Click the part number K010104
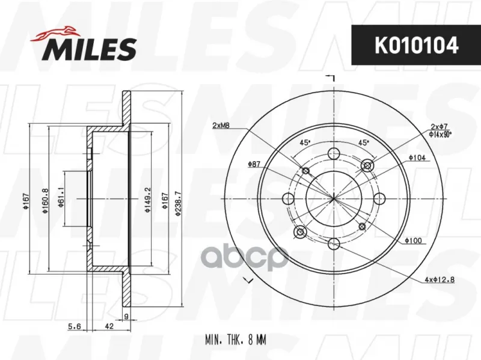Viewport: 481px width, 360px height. coord(416,46)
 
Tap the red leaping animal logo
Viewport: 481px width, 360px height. coord(54,34)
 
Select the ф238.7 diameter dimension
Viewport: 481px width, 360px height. coord(179,203)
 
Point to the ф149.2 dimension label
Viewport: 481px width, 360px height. coord(148,200)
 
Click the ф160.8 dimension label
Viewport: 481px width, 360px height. coord(46,201)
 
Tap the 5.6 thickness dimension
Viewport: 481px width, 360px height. coord(74,326)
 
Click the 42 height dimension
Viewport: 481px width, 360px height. coord(109,326)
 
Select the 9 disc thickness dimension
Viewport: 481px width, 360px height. coord(126,317)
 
